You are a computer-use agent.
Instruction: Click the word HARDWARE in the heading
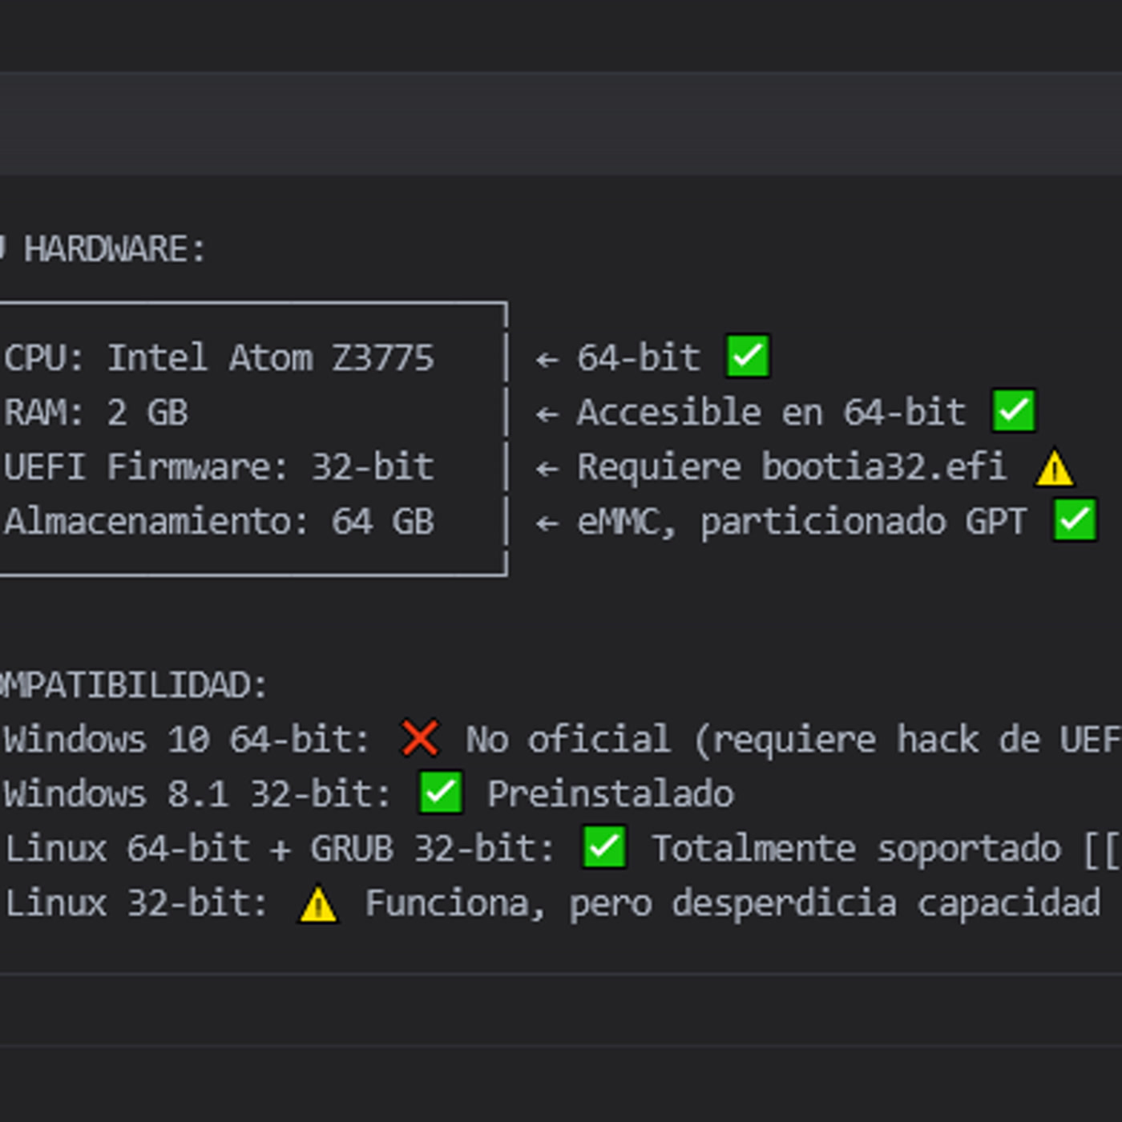105,250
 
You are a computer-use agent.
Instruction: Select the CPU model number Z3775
382,357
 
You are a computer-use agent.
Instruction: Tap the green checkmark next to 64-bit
748,356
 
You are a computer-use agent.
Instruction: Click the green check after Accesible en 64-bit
1014,410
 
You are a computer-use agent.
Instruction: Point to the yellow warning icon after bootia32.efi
1055,467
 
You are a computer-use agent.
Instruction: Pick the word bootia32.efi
884,466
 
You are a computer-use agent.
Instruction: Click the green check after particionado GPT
1075,520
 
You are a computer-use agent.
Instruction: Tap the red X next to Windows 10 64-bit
419,738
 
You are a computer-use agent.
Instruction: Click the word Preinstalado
611,793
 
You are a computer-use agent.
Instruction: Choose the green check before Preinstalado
441,793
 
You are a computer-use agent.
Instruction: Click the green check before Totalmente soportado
604,847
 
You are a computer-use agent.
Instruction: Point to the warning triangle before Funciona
318,904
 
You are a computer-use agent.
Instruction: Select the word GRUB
352,849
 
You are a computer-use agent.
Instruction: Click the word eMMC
626,522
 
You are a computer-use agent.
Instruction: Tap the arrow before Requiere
547,468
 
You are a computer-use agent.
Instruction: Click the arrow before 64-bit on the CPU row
547,359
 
